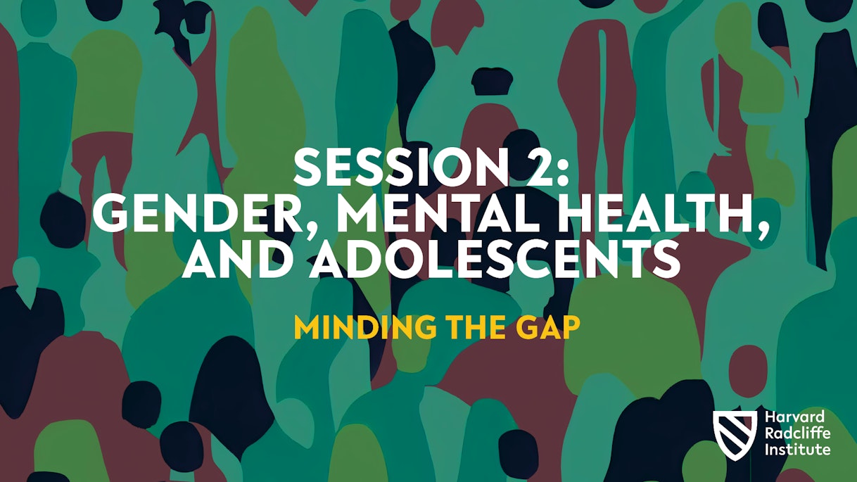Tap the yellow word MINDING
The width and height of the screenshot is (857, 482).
364,329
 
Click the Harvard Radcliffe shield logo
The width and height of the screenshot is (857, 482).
735,436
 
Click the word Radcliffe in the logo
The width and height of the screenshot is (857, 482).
798,433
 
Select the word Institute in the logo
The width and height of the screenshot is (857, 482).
798,449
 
